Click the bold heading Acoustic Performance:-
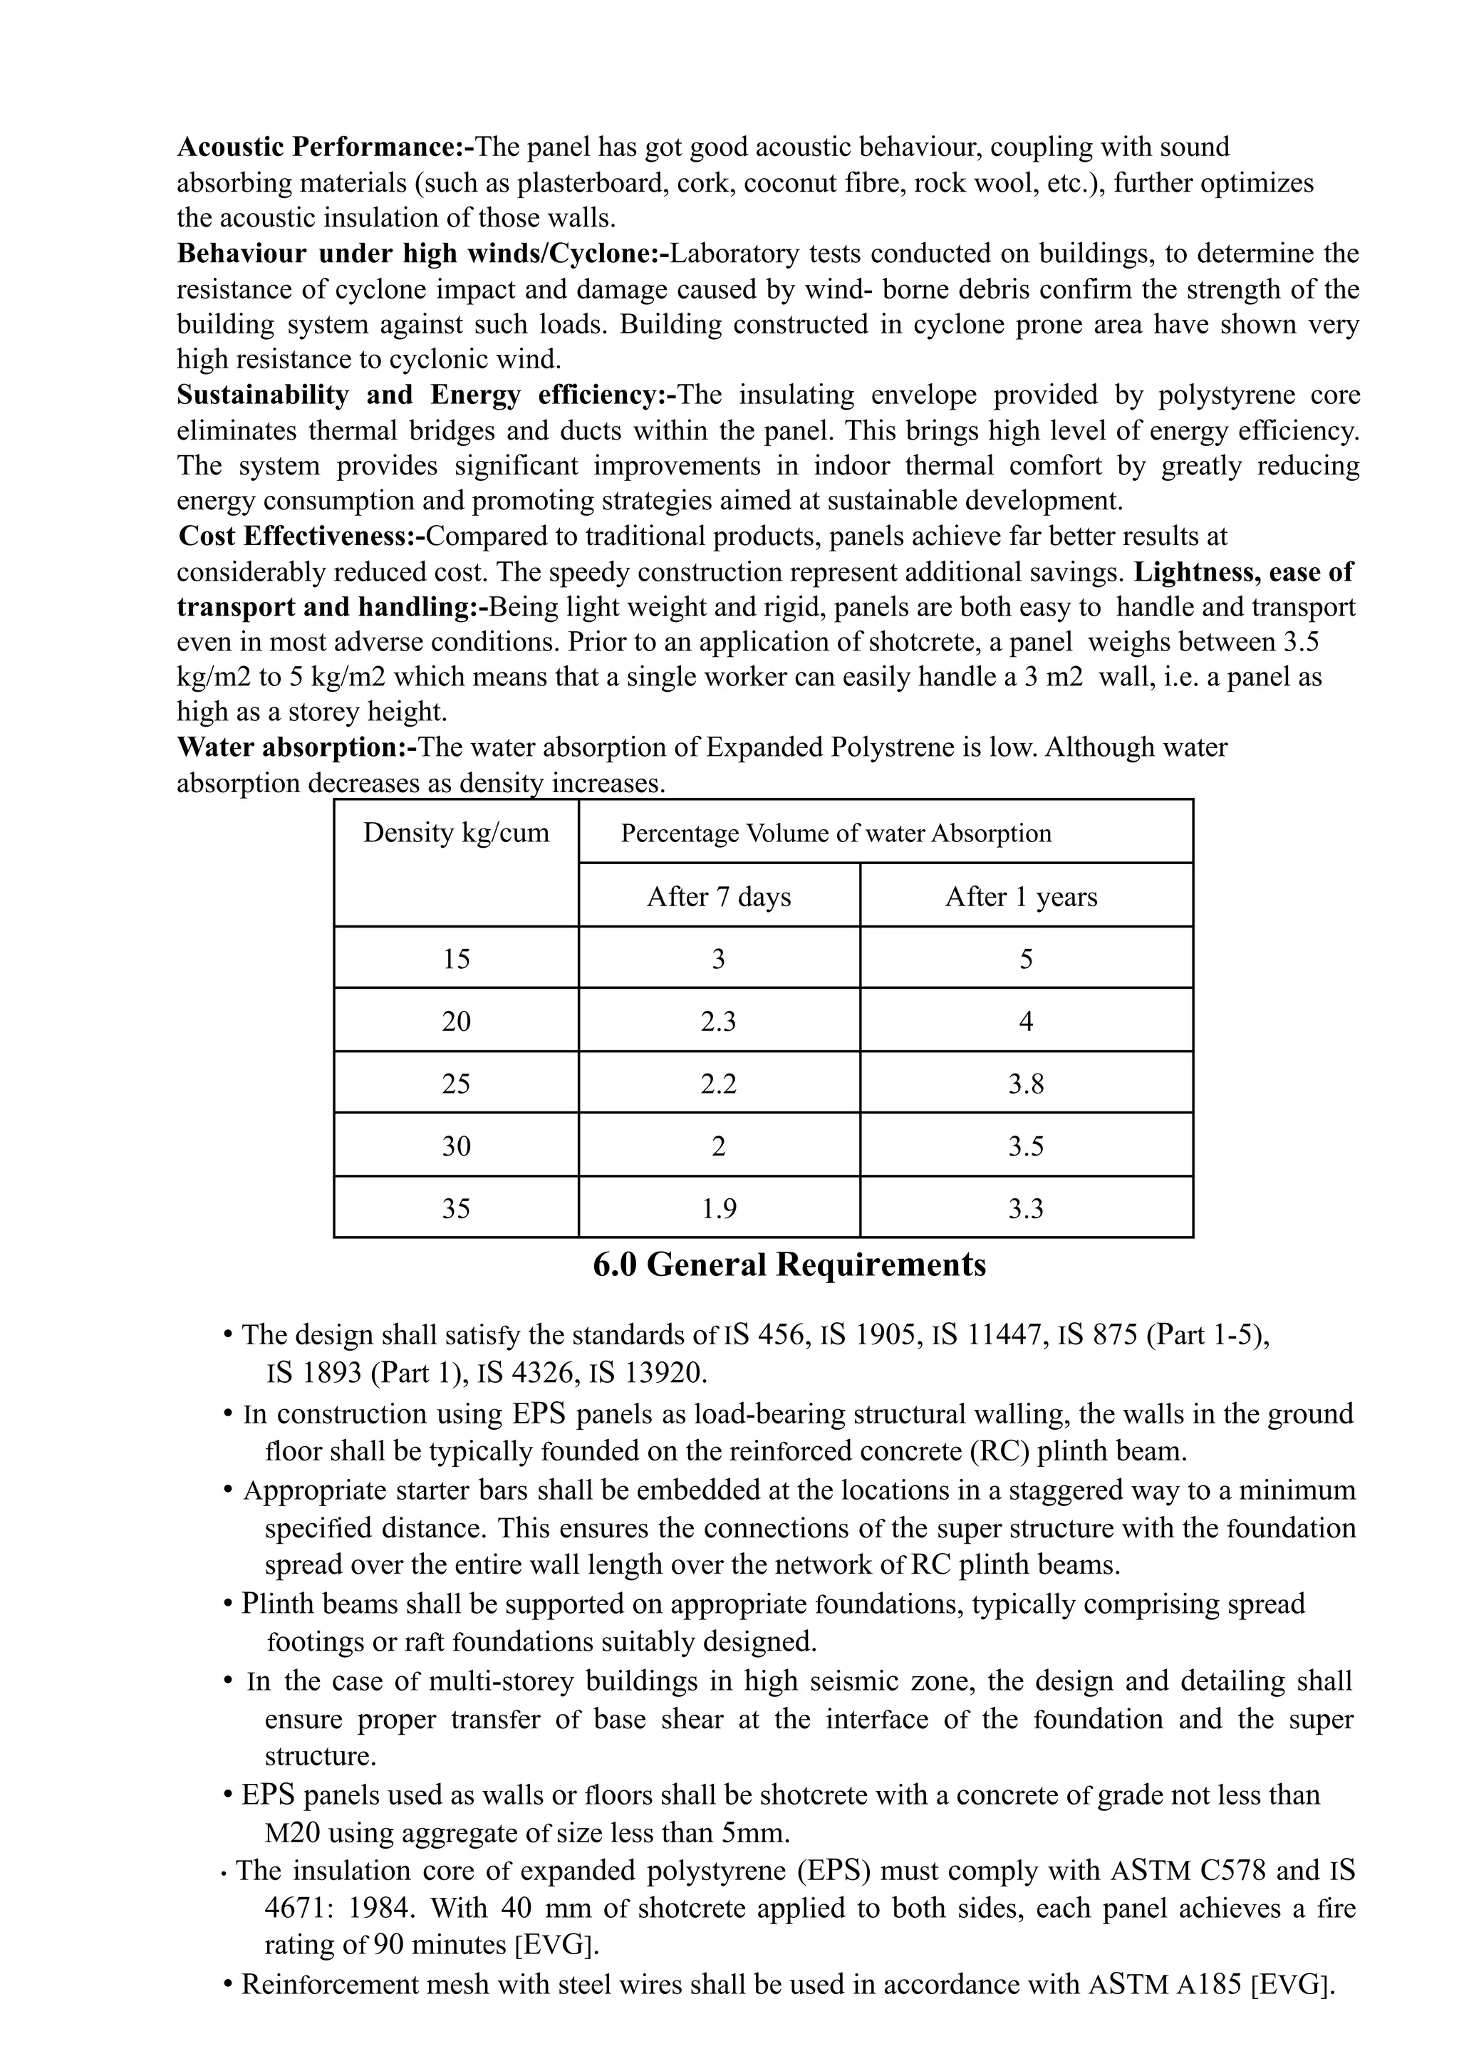click(x=324, y=147)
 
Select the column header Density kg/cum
click(x=455, y=833)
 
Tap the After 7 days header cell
click(x=719, y=897)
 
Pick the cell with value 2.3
click(x=719, y=1022)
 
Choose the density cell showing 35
click(x=455, y=1208)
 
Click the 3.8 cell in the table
click(x=1025, y=1084)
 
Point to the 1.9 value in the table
click(x=719, y=1208)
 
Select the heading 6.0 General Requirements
click(x=789, y=1265)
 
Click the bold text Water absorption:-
click(x=297, y=747)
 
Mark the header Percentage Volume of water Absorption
click(x=836, y=833)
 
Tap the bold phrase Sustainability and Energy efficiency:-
click(x=425, y=395)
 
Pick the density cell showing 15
click(x=455, y=960)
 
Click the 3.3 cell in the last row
click(x=1025, y=1208)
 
